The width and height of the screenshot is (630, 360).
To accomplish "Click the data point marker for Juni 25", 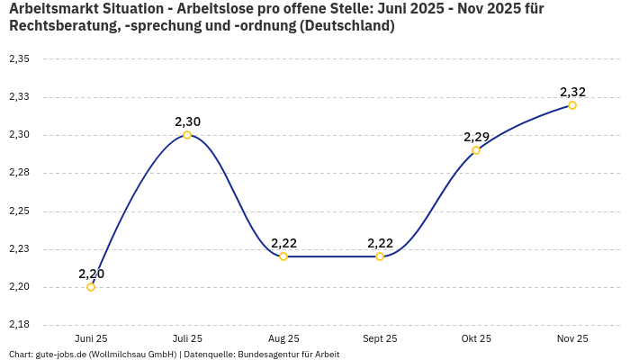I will (91, 287).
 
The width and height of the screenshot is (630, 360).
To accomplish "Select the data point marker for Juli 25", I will (187, 135).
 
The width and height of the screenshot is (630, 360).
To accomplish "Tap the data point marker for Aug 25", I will (283, 256).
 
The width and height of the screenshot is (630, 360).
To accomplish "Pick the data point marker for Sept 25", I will (380, 256).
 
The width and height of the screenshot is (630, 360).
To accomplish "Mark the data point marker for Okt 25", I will (476, 150).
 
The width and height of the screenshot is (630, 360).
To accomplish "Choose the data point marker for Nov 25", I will (572, 105).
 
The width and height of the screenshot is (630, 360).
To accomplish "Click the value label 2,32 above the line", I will (572, 92).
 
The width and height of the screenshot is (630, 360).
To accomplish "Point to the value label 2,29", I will (476, 137).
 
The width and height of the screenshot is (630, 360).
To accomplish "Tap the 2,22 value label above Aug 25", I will (283, 243).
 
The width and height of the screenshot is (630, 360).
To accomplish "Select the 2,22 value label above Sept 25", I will (380, 243).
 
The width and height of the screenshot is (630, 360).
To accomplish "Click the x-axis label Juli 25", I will (187, 338).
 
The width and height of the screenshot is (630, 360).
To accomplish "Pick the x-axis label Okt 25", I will (476, 338).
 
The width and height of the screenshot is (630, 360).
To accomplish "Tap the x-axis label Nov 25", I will (572, 338).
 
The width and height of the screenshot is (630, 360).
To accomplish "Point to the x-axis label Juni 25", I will (91, 338).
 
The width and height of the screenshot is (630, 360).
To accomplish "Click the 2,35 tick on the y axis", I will (19, 59).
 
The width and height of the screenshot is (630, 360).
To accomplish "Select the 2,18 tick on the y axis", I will (19, 325).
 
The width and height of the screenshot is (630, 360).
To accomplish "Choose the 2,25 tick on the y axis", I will (19, 211).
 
